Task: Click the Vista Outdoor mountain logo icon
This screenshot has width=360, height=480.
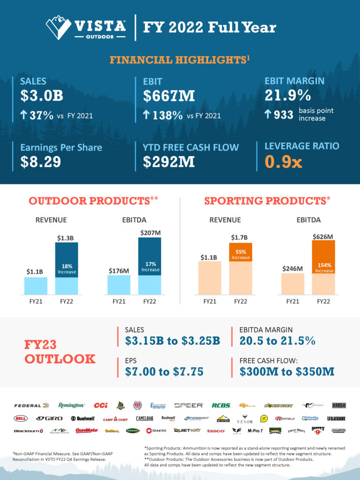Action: (59, 27)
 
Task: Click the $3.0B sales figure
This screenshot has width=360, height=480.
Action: (42, 95)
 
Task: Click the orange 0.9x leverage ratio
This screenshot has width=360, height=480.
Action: (284, 162)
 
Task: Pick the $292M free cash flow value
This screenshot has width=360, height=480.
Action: (169, 162)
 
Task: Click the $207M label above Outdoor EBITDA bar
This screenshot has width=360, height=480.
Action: (150, 232)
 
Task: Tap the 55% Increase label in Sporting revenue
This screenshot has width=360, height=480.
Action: (240, 254)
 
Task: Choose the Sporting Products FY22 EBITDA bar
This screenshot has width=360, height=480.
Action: (324, 267)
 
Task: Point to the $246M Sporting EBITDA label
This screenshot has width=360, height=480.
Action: (293, 268)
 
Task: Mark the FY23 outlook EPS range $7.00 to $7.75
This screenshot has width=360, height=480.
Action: (164, 372)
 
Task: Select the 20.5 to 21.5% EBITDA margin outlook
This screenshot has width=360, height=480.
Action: (277, 341)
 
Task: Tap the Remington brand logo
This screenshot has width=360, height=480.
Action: (71, 405)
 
